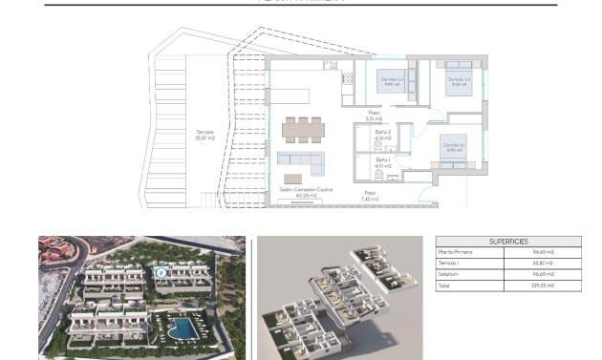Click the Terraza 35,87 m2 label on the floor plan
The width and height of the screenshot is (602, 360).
pyautogui.click(x=204, y=136)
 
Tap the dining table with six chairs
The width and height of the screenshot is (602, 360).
pyautogui.click(x=302, y=127)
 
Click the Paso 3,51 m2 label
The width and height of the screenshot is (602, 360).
pyautogui.click(x=375, y=117)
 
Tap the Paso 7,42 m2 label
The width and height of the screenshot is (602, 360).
pyautogui.click(x=369, y=196)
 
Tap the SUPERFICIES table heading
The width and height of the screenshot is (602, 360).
pyautogui.click(x=508, y=242)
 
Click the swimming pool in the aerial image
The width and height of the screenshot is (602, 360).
pyautogui.click(x=180, y=328)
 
